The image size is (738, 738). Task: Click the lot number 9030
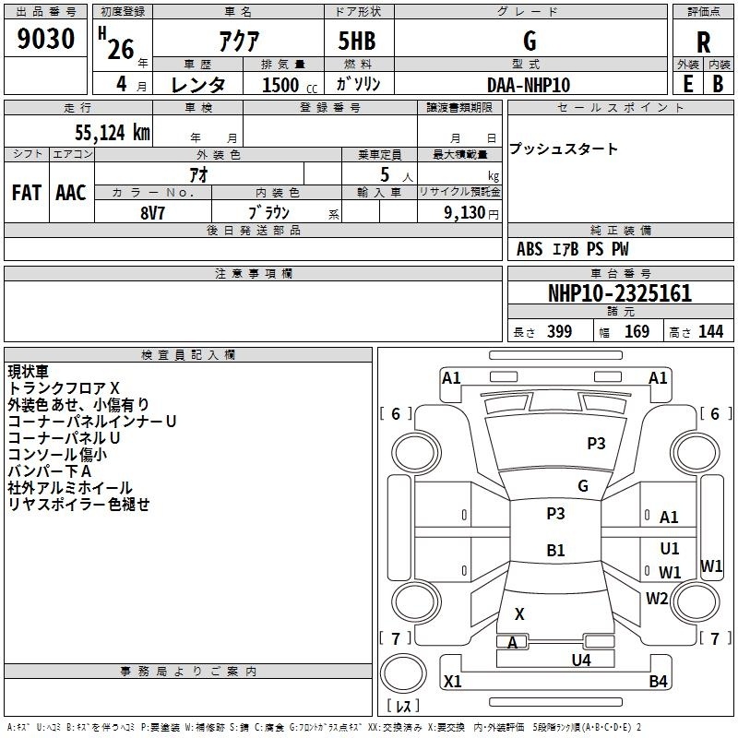coord(45,39)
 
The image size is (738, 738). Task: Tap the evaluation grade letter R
coord(703,42)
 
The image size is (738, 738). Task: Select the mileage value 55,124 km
coord(113,133)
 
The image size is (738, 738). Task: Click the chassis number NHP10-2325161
coord(620,293)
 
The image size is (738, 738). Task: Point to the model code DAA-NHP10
coord(529,85)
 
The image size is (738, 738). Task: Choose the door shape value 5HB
coord(357,41)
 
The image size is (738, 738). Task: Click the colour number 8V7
coord(152,213)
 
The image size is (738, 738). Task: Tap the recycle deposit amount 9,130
coord(465,213)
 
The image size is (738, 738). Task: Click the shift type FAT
coord(27,193)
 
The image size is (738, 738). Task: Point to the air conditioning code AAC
coord(71,193)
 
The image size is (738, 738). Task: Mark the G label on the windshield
coord(583,486)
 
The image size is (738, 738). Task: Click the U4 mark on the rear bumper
coord(581,660)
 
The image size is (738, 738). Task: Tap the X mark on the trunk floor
coord(519,613)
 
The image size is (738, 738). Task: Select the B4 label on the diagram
coord(658,681)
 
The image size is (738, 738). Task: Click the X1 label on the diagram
coord(452,681)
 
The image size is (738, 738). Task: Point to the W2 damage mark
coord(657,598)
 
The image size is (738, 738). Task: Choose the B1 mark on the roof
coord(555,550)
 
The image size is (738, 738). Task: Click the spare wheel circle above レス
coord(403,673)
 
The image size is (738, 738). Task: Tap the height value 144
coord(710,331)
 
